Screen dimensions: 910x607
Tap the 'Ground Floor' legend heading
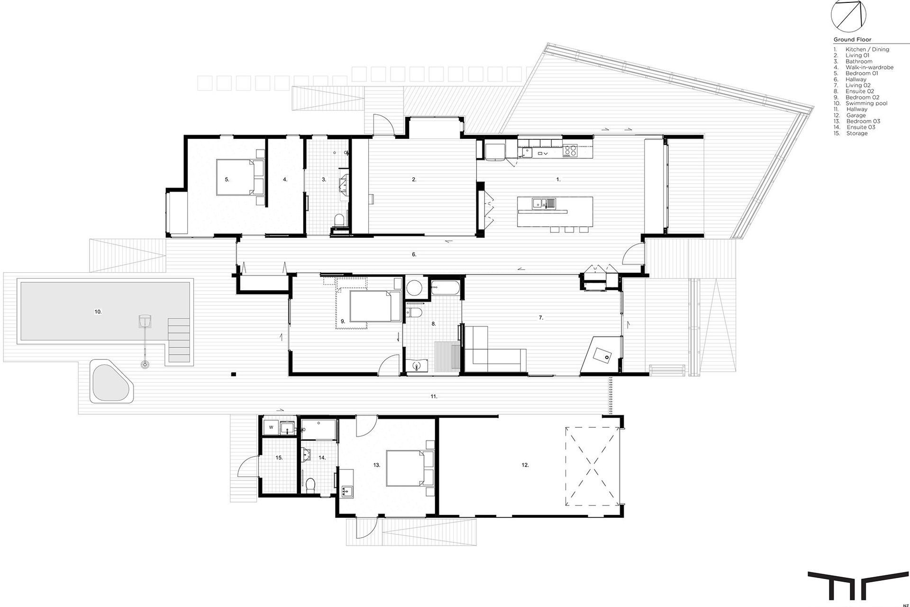[852, 40]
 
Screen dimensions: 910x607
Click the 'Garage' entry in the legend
[856, 115]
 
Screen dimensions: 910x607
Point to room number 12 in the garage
[525, 465]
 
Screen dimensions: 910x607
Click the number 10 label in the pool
[98, 312]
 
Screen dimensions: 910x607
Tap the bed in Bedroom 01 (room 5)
[241, 177]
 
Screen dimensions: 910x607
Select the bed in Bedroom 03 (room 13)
[410, 468]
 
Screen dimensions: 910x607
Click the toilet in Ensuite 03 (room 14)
[311, 485]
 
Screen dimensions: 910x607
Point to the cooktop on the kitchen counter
[571, 150]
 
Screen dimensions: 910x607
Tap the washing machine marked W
[271, 427]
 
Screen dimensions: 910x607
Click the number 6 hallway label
[414, 255]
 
